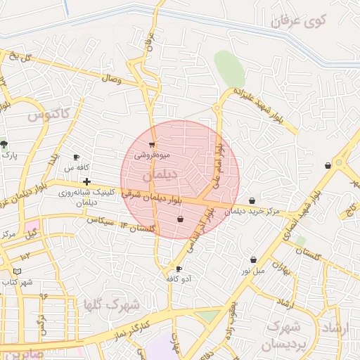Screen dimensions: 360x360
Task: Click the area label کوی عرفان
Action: pyautogui.click(x=299, y=20)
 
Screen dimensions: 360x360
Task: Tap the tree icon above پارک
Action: pyautogui.click(x=4, y=143)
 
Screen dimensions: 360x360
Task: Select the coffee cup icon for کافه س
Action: pyautogui.click(x=77, y=157)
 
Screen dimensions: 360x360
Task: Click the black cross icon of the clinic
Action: pyautogui.click(x=86, y=181)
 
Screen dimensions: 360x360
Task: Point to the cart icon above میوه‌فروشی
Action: pyautogui.click(x=151, y=145)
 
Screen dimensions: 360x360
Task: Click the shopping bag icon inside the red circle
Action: pyautogui.click(x=180, y=219)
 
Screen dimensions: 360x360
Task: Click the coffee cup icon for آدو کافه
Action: pyautogui.click(x=178, y=269)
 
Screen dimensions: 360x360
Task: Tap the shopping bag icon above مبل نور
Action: pyautogui.click(x=252, y=240)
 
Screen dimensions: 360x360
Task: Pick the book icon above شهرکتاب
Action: pyautogui.click(x=18, y=271)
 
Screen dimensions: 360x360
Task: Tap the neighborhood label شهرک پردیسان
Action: pyautogui.click(x=285, y=335)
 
